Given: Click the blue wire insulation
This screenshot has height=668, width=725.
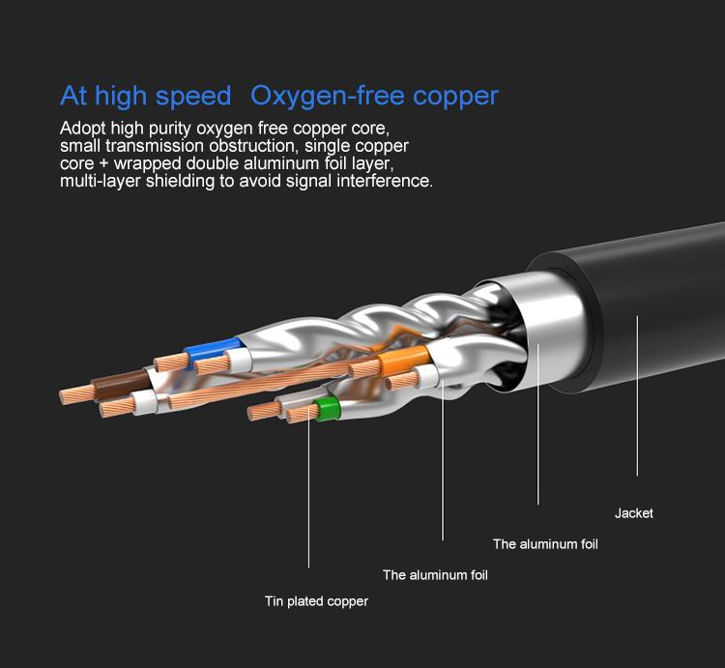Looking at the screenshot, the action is click(214, 350).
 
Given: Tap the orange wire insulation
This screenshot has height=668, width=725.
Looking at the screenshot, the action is click(404, 360).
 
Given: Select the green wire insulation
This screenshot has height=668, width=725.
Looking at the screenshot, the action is click(327, 409).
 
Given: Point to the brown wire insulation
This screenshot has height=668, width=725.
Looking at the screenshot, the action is click(121, 385).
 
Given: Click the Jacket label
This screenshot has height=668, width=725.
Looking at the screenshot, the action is click(634, 513).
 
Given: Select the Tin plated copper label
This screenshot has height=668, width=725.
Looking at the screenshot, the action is click(317, 601).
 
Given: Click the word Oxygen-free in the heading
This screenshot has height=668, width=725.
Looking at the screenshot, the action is click(328, 96).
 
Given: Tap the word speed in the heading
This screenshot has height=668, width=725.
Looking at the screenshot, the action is click(193, 96).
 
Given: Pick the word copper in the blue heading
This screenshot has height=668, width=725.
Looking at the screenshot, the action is click(455, 97).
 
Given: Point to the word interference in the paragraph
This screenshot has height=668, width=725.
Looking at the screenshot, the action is click(385, 181).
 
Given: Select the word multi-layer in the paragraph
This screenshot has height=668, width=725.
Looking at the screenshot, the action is click(101, 181).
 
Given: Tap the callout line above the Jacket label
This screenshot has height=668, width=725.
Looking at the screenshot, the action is click(637, 395).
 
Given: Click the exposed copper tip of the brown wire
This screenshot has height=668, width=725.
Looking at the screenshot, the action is click(76, 395).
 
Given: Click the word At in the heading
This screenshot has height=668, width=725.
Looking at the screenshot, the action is click(73, 96).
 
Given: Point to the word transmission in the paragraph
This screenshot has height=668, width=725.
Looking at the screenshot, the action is click(155, 146).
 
